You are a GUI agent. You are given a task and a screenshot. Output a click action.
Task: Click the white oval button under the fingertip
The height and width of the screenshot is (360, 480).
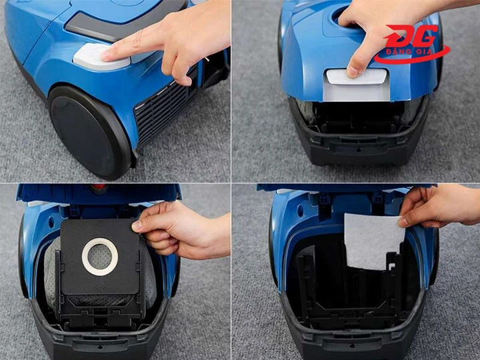click(x=101, y=57)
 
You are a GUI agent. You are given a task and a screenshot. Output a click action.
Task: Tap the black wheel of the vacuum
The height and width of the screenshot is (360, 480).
click(x=89, y=131)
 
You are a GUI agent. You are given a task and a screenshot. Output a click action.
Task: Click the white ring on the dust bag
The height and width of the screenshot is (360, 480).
click(x=100, y=257)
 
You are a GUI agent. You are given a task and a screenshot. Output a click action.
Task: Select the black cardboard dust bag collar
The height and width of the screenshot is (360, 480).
click(x=99, y=257)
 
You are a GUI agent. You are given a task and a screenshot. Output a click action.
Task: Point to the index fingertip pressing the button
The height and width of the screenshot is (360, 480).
click(x=105, y=55)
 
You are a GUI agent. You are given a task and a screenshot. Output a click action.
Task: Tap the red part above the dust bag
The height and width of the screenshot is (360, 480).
click(x=99, y=187)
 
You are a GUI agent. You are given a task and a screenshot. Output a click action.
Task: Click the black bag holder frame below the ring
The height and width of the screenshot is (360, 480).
click(x=99, y=309)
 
